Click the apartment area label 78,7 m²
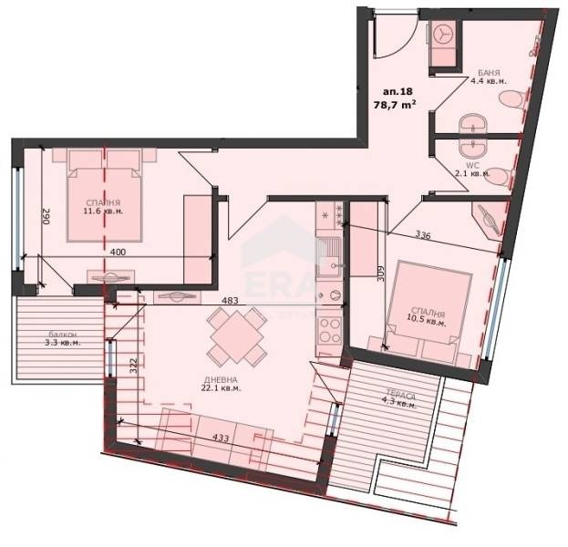click(396, 104)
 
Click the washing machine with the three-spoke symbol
click(443, 32)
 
